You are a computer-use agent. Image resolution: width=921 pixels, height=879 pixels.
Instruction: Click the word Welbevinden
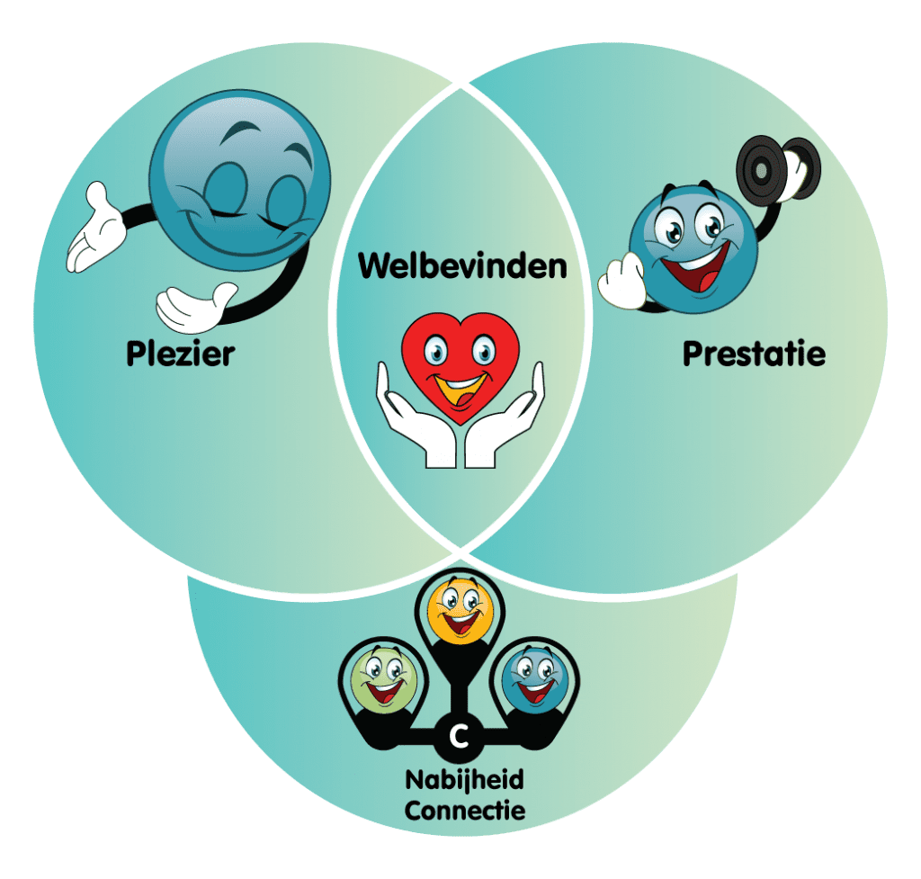(x=463, y=266)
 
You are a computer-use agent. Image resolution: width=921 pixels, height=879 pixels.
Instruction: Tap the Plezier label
(x=180, y=354)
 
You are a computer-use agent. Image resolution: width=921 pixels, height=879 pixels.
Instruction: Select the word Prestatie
(x=755, y=354)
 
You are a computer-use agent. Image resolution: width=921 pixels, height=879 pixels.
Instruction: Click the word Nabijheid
(x=465, y=780)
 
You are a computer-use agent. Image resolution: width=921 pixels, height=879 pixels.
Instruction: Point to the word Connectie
(x=465, y=811)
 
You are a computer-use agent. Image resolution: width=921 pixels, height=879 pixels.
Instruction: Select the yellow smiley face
(x=460, y=611)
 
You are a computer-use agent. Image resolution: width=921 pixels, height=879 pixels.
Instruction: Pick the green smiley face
(x=384, y=679)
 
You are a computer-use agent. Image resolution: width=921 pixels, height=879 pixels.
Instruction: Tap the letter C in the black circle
(x=460, y=736)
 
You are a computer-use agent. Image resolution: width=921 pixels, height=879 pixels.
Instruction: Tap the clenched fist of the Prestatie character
(x=622, y=282)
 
